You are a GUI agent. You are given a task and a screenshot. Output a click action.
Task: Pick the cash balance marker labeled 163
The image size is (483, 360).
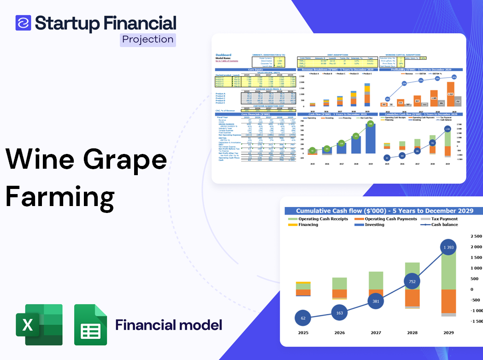click(339, 313)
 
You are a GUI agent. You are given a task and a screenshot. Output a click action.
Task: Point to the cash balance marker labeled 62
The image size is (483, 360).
click(302, 318)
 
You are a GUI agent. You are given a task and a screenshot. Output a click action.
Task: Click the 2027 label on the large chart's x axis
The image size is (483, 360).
click(376, 332)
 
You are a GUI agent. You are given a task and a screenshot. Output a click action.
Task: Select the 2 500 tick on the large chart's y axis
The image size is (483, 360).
click(476, 236)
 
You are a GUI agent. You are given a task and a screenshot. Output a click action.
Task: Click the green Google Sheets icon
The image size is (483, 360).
click(90, 325)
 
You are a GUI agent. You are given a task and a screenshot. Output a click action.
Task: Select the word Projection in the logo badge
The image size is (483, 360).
click(148, 40)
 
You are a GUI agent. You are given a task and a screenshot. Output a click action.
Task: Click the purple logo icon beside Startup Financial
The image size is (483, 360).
click(23, 23)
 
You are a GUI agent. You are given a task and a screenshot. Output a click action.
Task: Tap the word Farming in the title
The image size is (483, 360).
click(60, 196)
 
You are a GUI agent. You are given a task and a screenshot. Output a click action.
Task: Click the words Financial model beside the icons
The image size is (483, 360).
click(169, 325)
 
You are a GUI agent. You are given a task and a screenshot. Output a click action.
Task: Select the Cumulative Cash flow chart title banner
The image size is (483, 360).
click(384, 211)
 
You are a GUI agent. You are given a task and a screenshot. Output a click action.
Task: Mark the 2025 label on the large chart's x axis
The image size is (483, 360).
click(302, 332)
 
